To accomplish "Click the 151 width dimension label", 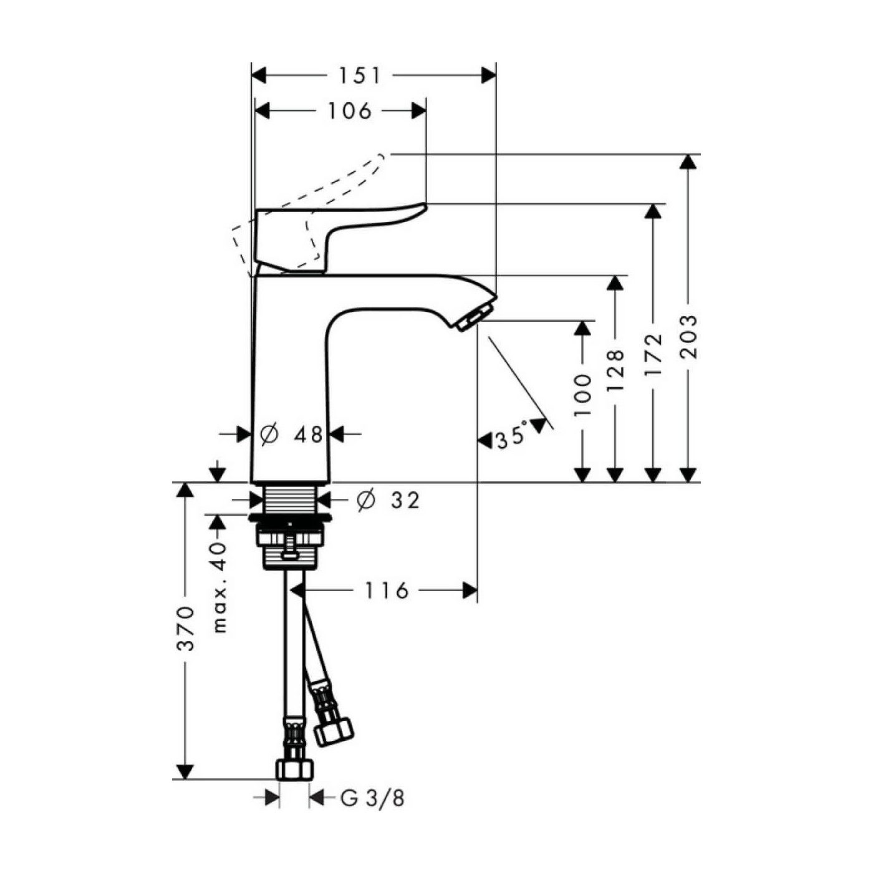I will [x=359, y=76].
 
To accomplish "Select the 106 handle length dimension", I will [x=349, y=111].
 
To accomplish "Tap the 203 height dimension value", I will [x=688, y=337].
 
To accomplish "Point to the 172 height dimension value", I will [x=653, y=355].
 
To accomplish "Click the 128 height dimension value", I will [x=615, y=370].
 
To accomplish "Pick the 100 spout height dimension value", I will [x=582, y=395].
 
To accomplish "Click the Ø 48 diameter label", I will [x=291, y=434].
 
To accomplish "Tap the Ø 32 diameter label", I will [x=388, y=499].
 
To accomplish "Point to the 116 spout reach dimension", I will [x=386, y=590].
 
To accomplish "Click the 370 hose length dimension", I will [x=185, y=628].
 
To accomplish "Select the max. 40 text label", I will [x=219, y=587].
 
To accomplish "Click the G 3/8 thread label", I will [x=372, y=798].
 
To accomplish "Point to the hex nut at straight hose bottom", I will [x=294, y=768].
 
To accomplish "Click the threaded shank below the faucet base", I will [x=290, y=499].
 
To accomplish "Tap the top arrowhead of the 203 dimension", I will [x=688, y=162].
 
